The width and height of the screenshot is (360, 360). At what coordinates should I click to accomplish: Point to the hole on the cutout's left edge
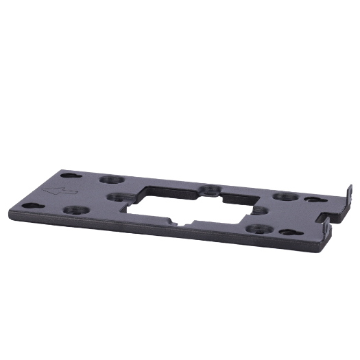click(x=115, y=197)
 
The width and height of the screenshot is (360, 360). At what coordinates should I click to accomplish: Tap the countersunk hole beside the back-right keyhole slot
click(x=280, y=197)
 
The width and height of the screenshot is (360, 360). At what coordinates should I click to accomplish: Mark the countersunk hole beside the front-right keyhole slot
click(x=259, y=230)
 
